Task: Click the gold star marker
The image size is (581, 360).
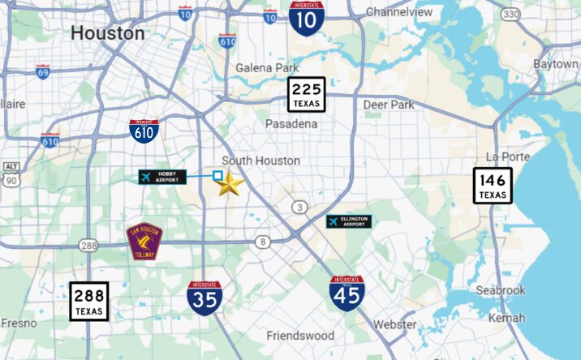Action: coord(229,184)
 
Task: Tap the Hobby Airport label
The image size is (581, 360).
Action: coord(162,177)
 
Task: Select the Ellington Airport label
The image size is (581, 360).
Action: coord(349,221)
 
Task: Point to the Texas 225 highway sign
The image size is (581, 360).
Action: coord(306,94)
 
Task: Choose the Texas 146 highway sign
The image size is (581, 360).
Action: coord(493,186)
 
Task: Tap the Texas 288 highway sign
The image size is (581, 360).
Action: coord(88,301)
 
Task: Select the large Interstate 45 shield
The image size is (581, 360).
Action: coord(346,293)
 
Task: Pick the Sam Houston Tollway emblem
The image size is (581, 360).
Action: coord(144,241)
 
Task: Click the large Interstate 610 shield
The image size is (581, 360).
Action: coord(144,131)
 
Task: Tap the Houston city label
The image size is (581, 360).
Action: coord(108,33)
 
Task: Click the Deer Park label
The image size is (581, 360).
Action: coord(388,105)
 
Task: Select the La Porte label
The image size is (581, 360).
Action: coord(506,156)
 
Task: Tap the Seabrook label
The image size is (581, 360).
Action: coord(502,290)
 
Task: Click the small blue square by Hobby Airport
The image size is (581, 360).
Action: coord(217,175)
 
